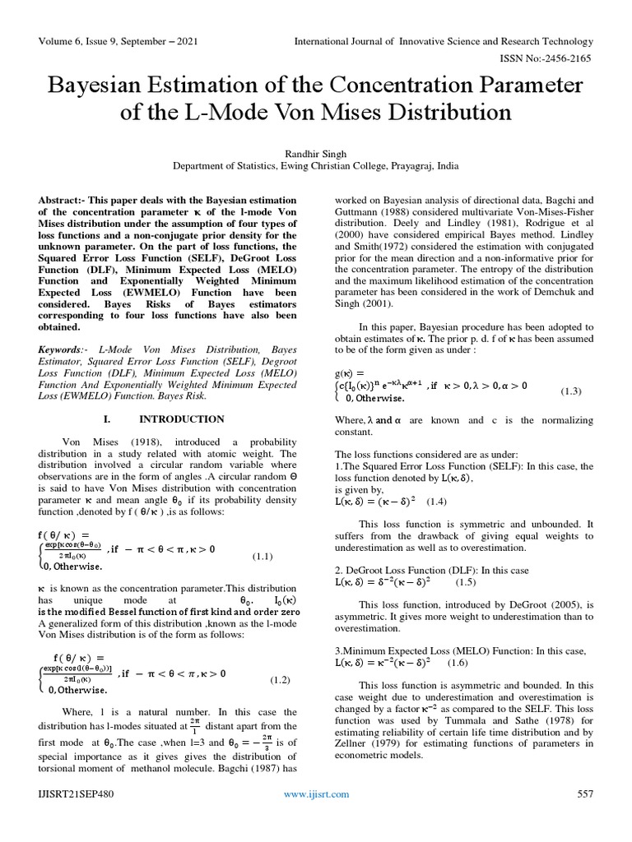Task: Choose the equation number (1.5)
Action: (x=465, y=581)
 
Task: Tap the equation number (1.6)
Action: (x=459, y=662)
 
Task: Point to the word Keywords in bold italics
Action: (x=63, y=349)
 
